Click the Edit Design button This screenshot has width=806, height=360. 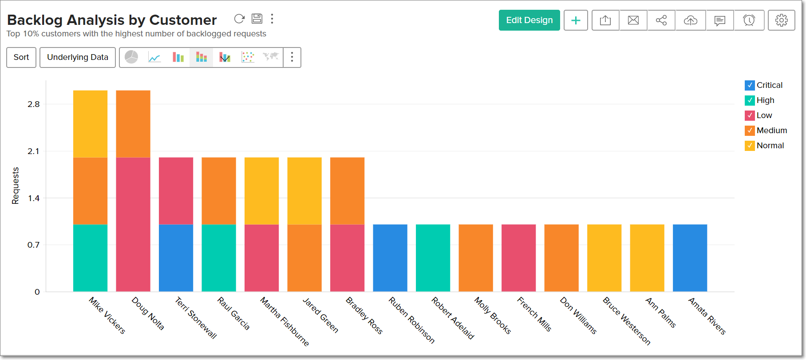tap(529, 20)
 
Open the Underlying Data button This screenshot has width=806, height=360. tap(78, 57)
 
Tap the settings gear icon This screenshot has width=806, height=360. tap(781, 20)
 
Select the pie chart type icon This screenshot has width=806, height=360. tap(131, 57)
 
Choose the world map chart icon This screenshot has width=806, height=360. tap(270, 57)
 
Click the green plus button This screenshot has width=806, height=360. tap(576, 20)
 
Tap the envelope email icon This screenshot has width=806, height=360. tap(633, 20)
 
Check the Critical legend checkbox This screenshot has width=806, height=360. tap(750, 85)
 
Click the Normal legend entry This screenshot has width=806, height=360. tap(770, 146)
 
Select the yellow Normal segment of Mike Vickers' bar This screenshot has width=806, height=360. tap(90, 124)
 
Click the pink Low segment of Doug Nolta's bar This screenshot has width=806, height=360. tap(133, 224)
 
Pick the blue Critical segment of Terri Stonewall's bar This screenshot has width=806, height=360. tap(176, 258)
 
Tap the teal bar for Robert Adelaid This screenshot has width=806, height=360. tap(433, 258)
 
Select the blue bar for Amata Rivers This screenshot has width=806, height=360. tap(690, 258)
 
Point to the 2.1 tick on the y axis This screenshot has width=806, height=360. tap(33, 151)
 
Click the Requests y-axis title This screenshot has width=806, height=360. tap(16, 186)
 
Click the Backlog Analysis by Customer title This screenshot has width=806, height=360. tap(112, 20)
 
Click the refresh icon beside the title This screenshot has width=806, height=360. tap(239, 19)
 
